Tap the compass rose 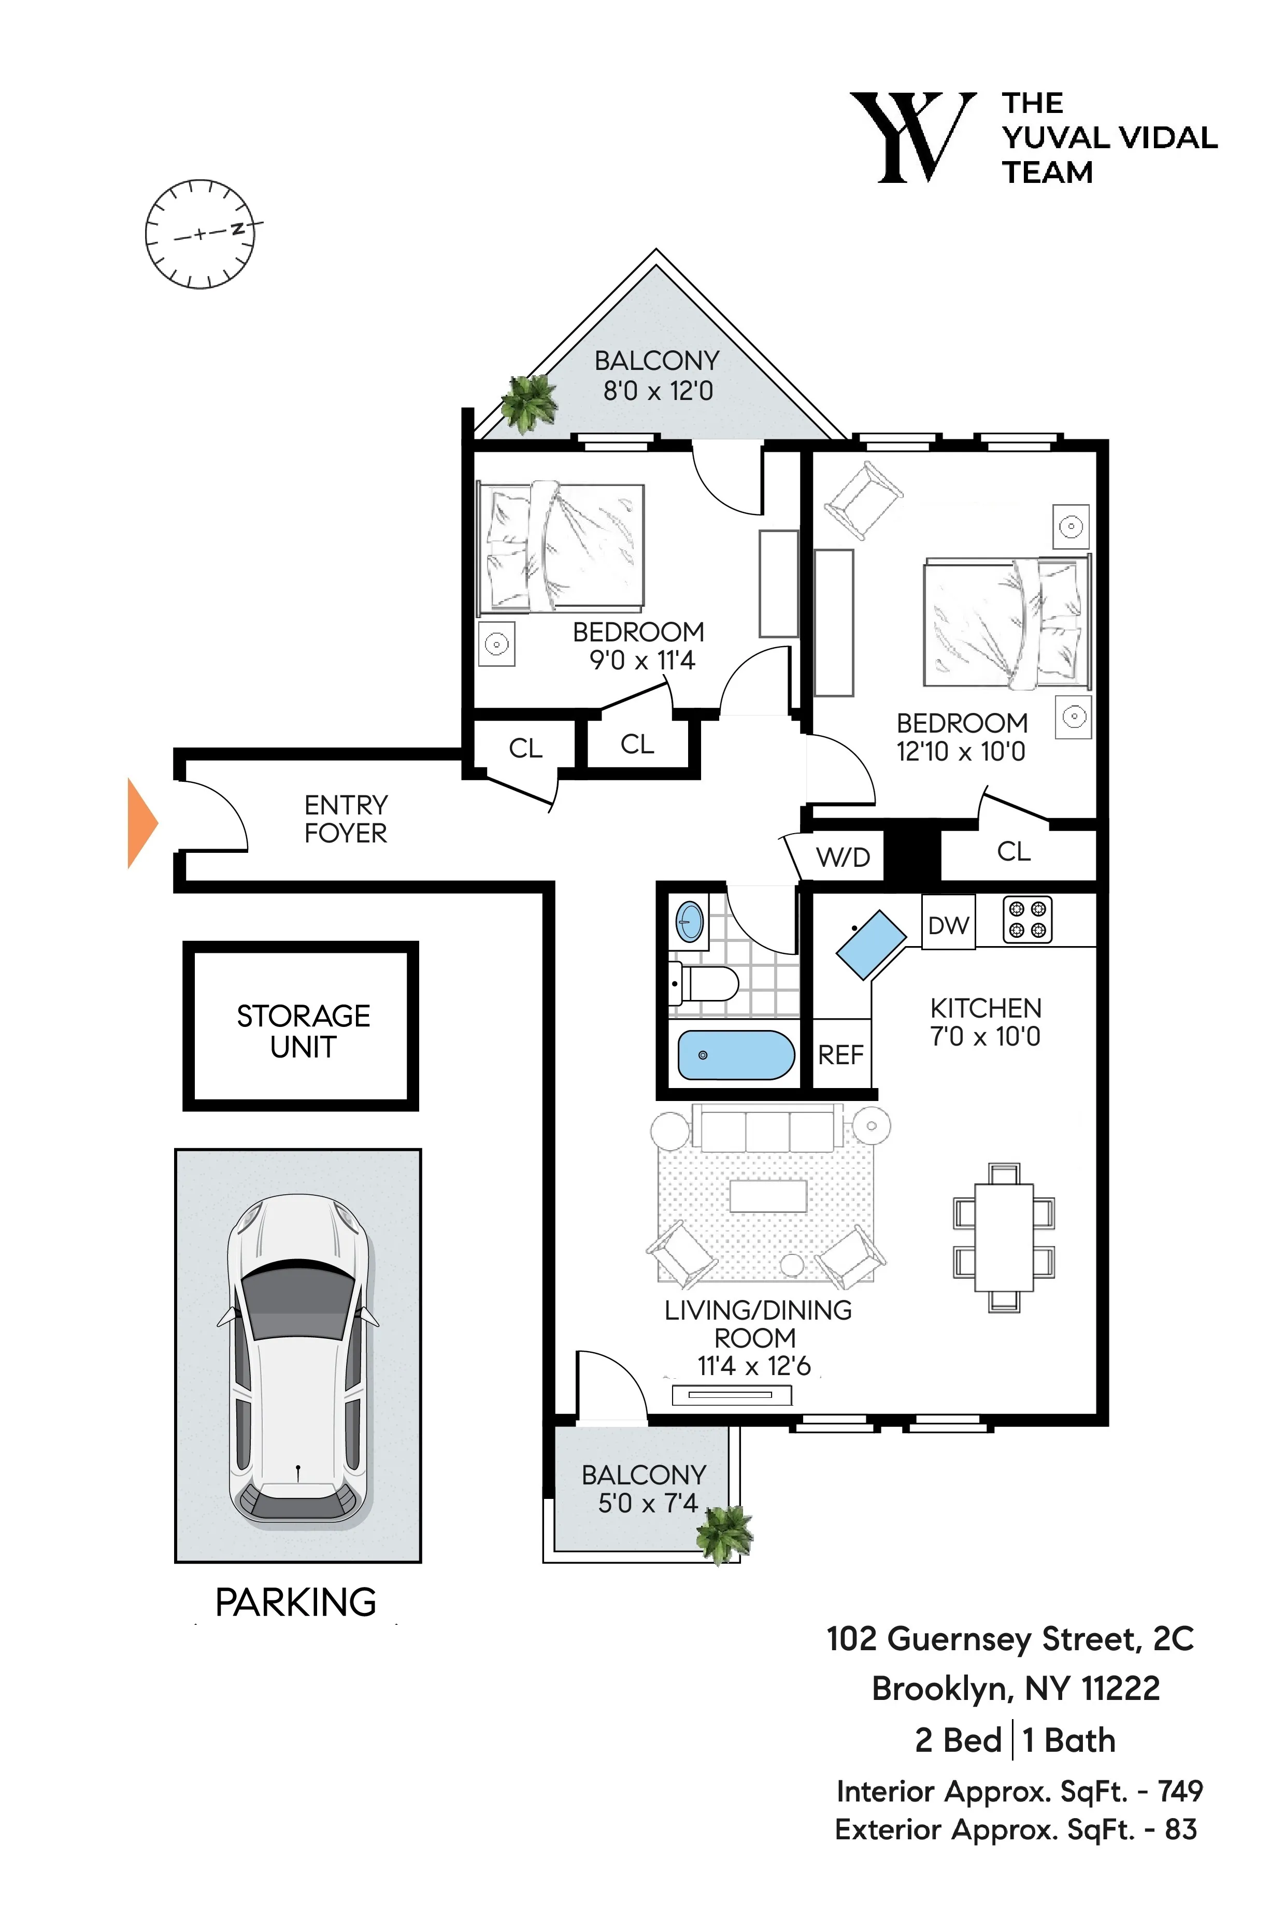click(x=200, y=234)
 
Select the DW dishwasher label click(x=948, y=925)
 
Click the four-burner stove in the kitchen click(x=1027, y=920)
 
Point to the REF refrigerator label click(x=841, y=1055)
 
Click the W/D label click(x=843, y=857)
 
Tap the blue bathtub click(x=735, y=1055)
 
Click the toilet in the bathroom click(x=706, y=982)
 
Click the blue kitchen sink click(x=870, y=945)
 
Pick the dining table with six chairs click(x=1004, y=1237)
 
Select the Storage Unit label click(x=303, y=1031)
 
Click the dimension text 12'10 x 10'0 click(x=961, y=751)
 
